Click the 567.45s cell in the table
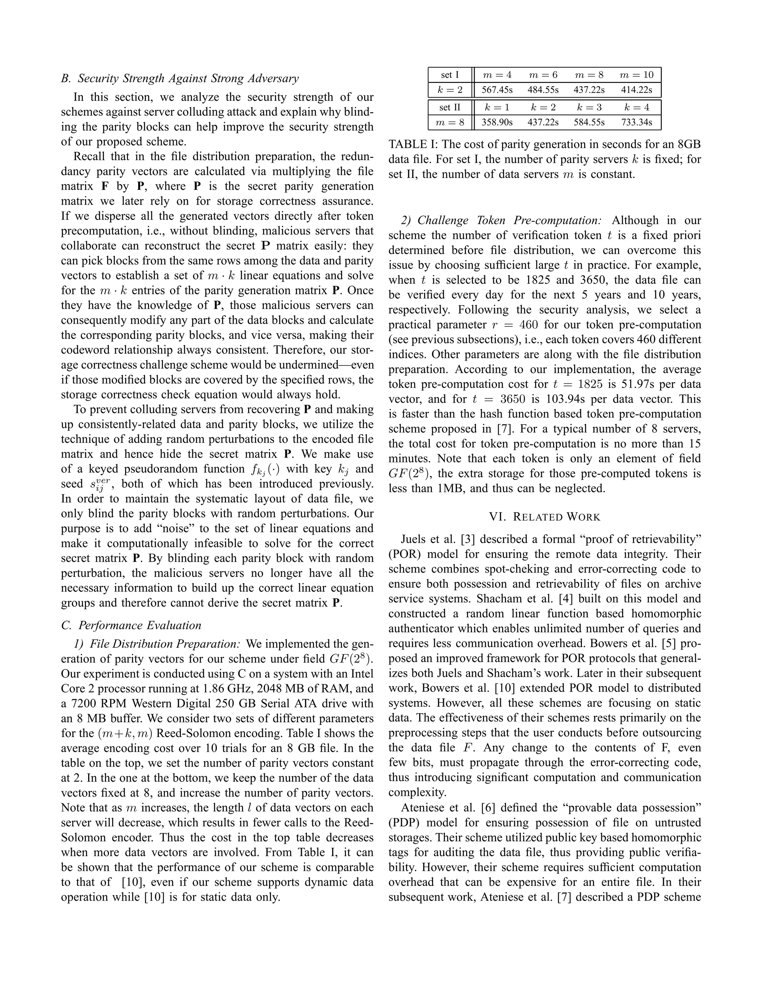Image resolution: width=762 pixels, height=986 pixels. [x=497, y=90]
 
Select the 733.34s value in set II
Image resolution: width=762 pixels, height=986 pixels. [x=636, y=122]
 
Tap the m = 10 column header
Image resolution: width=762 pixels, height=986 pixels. [x=636, y=75]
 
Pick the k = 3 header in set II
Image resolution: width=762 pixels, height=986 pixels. [x=589, y=108]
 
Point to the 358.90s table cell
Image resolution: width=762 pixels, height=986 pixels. [x=497, y=122]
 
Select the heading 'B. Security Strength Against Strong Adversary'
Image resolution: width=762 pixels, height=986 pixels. [x=180, y=79]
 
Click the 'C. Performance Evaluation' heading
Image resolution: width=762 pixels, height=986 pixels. [x=131, y=625]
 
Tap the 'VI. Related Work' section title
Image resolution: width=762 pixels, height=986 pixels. [x=544, y=517]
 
